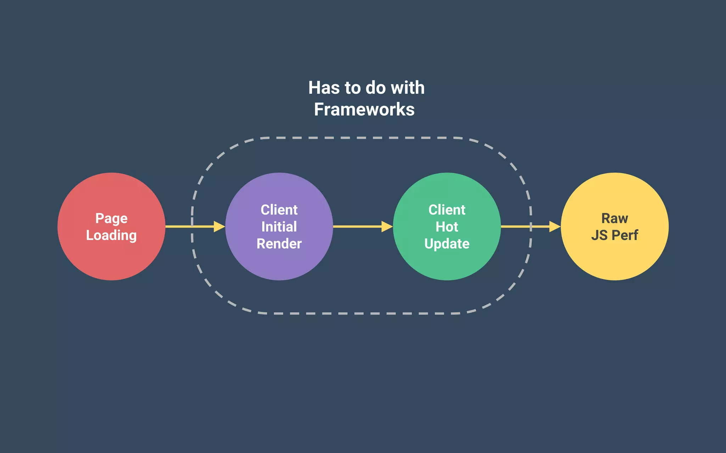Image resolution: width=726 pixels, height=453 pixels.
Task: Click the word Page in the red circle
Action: (111, 218)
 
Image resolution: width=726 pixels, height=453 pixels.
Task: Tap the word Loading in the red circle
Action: (111, 235)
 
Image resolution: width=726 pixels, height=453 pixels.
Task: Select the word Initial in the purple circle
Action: (279, 227)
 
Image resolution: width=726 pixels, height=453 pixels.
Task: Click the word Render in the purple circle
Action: (279, 244)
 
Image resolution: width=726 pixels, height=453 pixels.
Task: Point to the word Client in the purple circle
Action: (279, 210)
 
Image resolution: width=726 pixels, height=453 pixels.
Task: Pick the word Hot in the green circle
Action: (447, 227)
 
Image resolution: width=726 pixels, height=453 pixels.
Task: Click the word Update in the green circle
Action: (447, 244)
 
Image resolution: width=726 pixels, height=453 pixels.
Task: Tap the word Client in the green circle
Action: (447, 210)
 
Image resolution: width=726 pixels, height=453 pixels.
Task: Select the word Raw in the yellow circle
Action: (615, 218)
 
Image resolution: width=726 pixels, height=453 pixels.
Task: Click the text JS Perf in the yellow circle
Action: (615, 235)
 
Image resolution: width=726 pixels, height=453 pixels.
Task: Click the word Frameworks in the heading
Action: (364, 109)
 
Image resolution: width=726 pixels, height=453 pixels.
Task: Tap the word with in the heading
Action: (408, 88)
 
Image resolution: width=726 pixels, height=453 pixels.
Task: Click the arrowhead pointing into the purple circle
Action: (219, 226)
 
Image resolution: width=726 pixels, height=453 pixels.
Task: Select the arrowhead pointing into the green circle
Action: (387, 226)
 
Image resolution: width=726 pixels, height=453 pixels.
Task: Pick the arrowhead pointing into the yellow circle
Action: (555, 226)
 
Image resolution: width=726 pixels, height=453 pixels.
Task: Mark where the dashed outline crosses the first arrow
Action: (192, 226)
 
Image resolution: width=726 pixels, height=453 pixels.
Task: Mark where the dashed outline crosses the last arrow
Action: (531, 226)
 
